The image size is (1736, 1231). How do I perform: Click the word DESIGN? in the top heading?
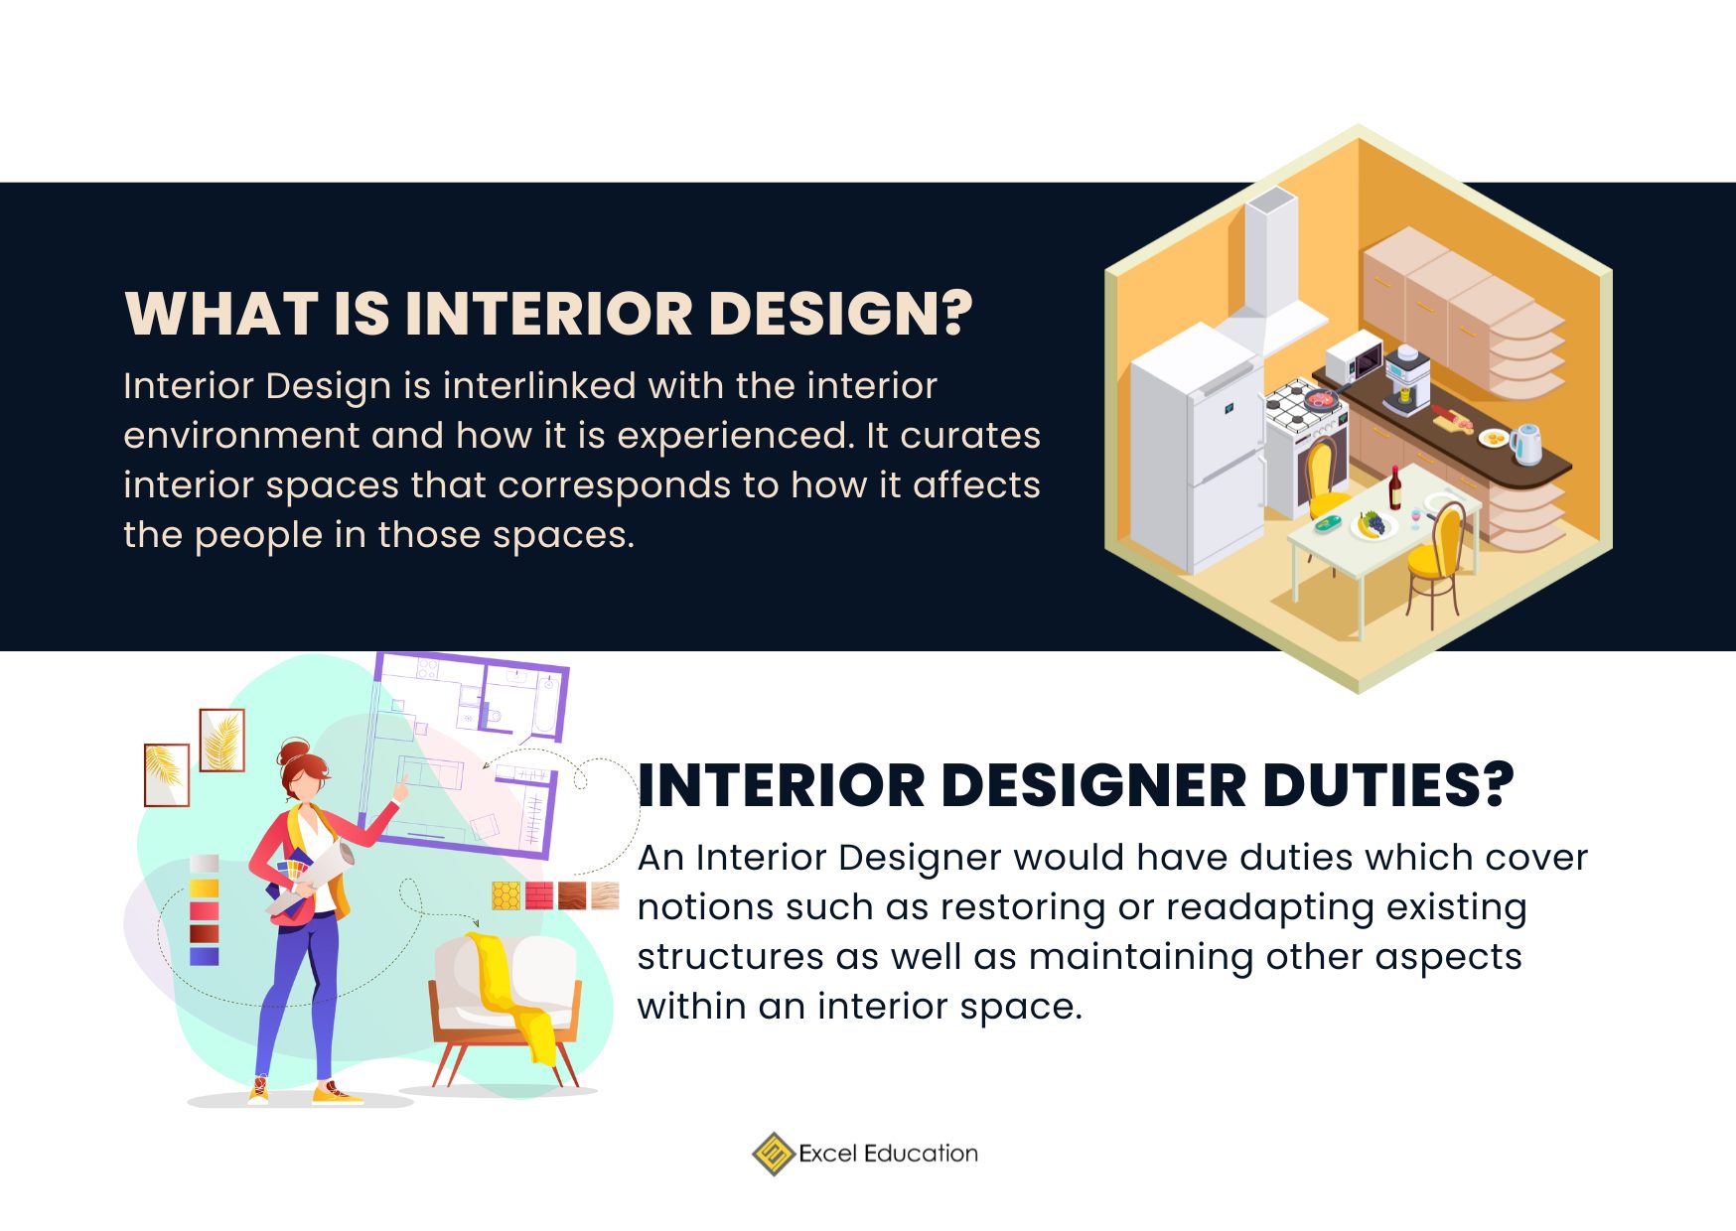coord(840,314)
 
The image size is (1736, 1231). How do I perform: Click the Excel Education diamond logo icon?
coord(773,1154)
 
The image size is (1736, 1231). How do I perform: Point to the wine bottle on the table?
coord(1394,487)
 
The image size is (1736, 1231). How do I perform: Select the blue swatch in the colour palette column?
coord(204,956)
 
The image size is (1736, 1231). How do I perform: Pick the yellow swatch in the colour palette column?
coord(204,888)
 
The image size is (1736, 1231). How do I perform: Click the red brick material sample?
coord(539,895)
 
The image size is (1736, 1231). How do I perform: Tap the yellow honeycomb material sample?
coord(506,895)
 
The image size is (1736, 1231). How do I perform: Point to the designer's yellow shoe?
coord(336,1095)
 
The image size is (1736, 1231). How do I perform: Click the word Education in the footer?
coord(921,1154)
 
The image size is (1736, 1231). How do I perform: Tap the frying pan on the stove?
coord(1320,399)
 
